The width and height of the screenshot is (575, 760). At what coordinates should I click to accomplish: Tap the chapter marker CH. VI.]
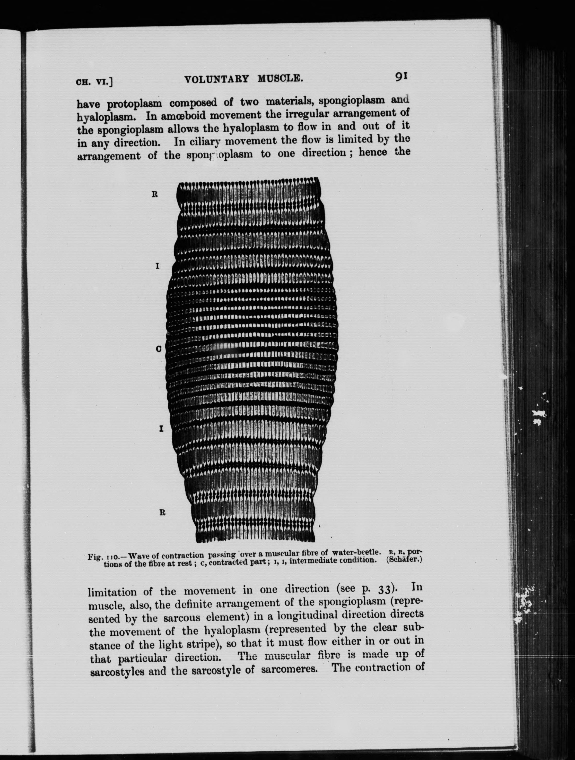94,82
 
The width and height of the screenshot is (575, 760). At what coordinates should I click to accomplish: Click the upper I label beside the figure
157,266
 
